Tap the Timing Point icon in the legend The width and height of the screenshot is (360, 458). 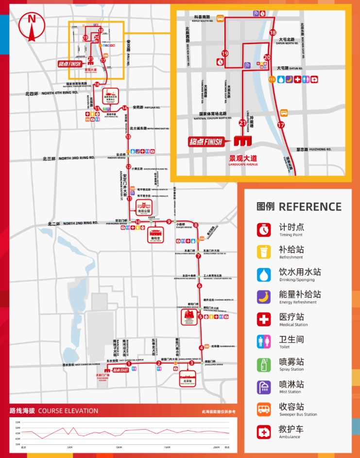point(264,229)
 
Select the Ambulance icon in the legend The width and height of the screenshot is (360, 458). point(264,432)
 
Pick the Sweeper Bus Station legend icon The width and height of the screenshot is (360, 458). point(264,409)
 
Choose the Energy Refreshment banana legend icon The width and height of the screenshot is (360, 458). point(264,297)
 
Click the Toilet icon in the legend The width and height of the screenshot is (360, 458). point(264,342)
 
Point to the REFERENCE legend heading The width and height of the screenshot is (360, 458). point(299,206)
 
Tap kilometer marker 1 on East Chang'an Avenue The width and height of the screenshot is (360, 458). point(129,363)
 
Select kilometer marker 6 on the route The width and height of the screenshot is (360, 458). point(199,286)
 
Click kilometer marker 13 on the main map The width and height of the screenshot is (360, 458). point(128,137)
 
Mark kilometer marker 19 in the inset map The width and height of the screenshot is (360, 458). point(225,53)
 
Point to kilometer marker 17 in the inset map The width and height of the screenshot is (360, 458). point(280,125)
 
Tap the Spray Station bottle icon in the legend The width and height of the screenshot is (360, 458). point(264,364)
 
